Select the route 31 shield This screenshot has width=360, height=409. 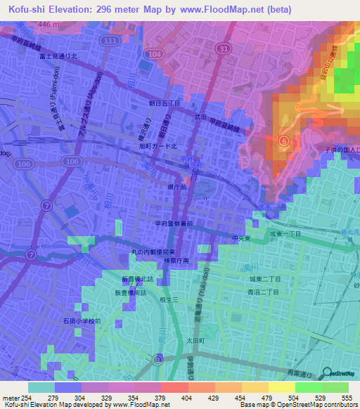[x=224, y=48]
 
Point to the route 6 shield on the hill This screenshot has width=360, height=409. [x=283, y=141]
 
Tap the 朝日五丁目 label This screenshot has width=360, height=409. [x=165, y=103]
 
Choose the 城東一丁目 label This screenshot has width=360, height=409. [x=285, y=233]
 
